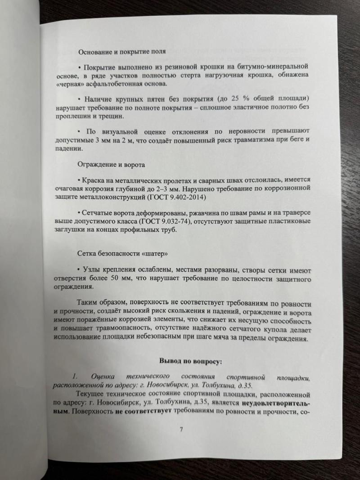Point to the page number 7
[181, 429]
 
